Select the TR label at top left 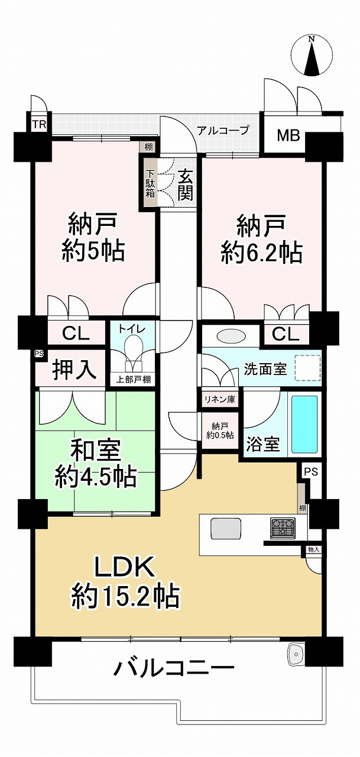38,125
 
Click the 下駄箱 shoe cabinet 151,183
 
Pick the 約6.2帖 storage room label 261,240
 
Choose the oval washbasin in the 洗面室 228,335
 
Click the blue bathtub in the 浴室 304,422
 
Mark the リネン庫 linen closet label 219,399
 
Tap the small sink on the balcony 295,654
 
